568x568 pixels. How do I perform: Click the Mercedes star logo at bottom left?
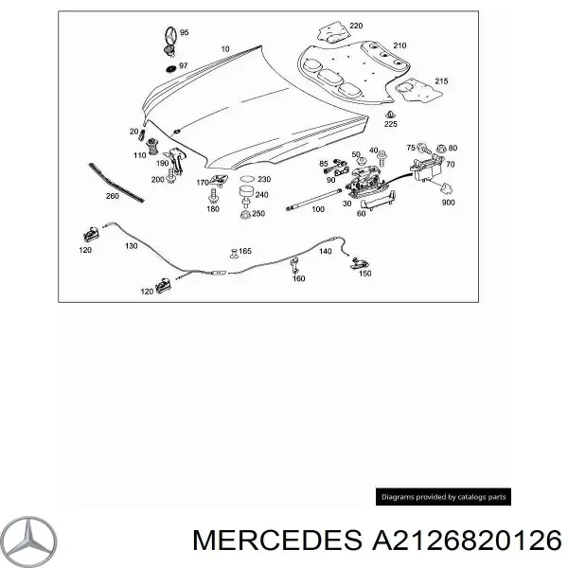click(29, 541)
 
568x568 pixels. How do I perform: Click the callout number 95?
click(184, 32)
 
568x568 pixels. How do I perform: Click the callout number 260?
click(113, 197)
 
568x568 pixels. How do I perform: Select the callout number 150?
click(364, 274)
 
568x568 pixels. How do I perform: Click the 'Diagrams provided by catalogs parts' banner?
click(443, 496)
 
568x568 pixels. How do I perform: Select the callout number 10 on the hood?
click(225, 48)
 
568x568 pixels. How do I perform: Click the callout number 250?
click(258, 214)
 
